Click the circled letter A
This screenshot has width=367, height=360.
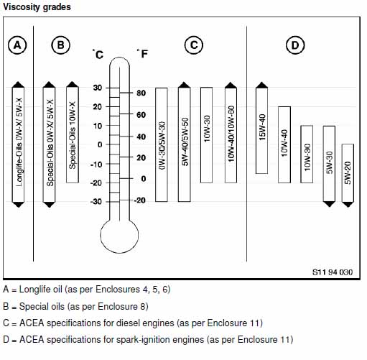point(17,45)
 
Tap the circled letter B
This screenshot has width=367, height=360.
point(61,45)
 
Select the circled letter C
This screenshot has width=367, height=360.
point(194,45)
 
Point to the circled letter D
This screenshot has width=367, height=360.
point(295,45)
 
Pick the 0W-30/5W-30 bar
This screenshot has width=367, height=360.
point(162,144)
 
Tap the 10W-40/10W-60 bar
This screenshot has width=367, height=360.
point(231,132)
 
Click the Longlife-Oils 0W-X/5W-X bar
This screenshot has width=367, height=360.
point(18,144)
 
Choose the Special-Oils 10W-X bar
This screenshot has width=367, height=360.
point(73,132)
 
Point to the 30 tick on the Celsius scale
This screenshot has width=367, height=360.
point(113,88)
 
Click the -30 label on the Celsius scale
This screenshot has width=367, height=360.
point(96,202)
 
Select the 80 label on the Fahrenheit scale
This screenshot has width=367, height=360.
point(141,93)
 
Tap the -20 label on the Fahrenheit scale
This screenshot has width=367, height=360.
point(139,200)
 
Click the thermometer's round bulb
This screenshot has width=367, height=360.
point(119,236)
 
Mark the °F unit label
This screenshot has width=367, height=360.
point(142,54)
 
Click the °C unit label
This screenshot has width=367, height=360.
point(98,54)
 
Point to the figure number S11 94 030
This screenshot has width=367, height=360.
point(333,272)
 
